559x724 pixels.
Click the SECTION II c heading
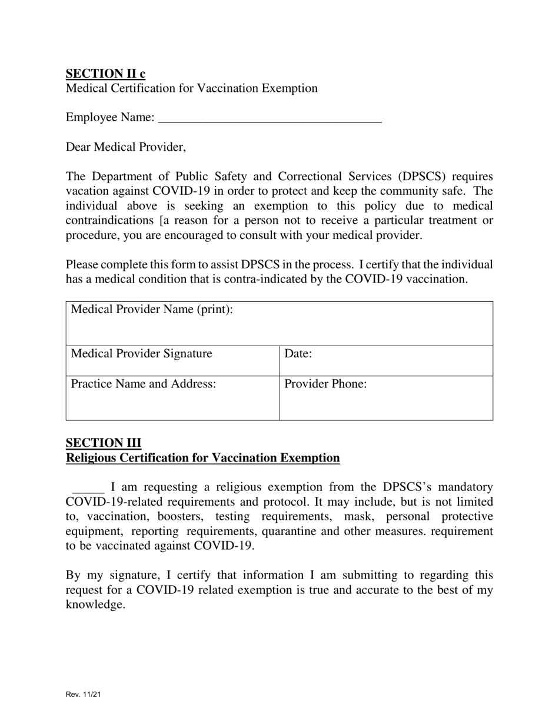tap(105, 74)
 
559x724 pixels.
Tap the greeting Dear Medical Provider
tap(126, 147)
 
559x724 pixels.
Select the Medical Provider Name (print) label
tap(152, 310)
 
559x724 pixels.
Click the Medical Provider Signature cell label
tap(141, 354)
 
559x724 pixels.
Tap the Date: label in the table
tap(298, 354)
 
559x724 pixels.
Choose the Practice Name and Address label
tap(144, 384)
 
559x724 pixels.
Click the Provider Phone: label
tap(325, 384)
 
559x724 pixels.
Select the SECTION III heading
tap(104, 443)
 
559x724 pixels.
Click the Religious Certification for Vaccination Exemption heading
tap(202, 458)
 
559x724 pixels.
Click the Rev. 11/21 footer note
tap(83, 695)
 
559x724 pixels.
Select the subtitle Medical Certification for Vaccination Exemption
tap(191, 88)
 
